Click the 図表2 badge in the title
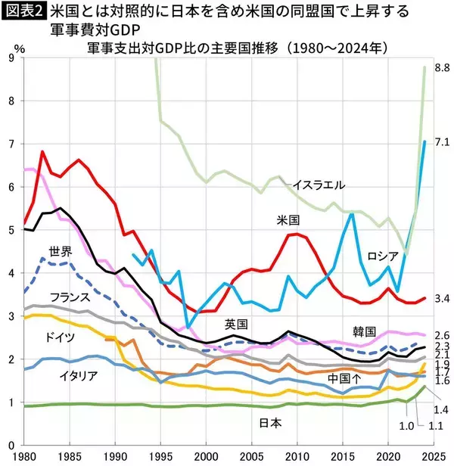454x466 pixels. coord(24,11)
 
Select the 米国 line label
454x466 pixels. coord(289,220)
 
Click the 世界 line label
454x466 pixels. coord(61,251)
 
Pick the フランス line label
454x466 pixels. coord(70,297)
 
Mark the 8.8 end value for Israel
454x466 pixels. coord(443,68)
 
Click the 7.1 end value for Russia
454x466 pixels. coord(443,141)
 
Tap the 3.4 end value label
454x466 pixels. coord(443,300)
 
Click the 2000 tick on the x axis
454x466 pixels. coord(205,456)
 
